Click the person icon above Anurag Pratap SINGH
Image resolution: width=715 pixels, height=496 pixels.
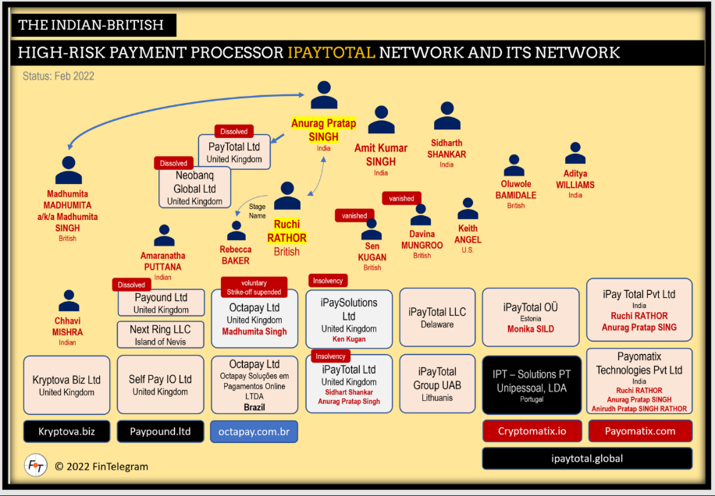[323, 95]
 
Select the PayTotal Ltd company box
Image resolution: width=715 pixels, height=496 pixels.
[233, 151]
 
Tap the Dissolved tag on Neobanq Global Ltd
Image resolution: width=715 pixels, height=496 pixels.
[173, 163]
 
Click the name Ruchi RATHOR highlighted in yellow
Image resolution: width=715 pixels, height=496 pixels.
[286, 232]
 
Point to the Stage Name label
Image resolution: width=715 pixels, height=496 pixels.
[257, 211]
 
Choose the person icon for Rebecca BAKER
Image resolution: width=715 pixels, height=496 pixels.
[236, 231]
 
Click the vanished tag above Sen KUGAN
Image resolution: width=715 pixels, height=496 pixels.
[354, 215]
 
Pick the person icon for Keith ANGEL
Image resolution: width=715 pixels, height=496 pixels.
[468, 209]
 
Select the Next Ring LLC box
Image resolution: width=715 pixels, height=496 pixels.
[161, 335]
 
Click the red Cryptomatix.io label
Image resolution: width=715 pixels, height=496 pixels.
[532, 430]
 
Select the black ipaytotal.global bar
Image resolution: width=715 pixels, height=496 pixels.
[587, 459]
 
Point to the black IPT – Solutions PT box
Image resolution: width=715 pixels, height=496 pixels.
[532, 384]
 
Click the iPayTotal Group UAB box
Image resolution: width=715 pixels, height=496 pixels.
[437, 384]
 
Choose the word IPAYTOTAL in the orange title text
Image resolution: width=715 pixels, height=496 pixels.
[331, 52]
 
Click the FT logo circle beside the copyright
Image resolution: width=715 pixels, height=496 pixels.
[36, 465]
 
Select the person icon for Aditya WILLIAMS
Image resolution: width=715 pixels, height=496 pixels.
[575, 154]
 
